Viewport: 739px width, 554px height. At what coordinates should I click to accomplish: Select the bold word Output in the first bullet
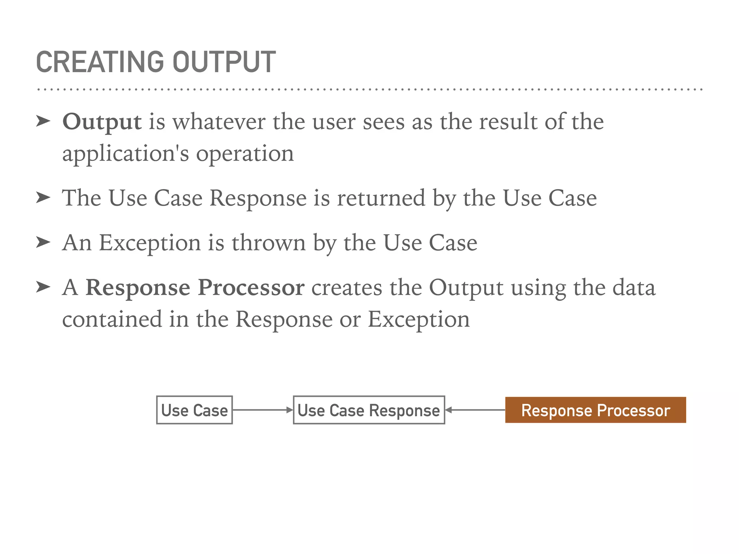tap(102, 122)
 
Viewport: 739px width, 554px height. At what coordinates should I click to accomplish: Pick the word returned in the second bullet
tap(381, 198)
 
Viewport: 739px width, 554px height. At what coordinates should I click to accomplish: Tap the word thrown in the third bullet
tap(268, 243)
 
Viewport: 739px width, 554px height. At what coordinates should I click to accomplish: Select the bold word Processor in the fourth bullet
tap(251, 287)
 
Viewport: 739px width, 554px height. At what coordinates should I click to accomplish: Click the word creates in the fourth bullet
tap(346, 287)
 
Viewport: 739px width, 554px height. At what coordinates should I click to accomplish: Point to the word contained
tap(112, 319)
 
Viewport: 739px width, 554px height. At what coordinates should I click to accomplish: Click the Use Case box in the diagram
tap(194, 410)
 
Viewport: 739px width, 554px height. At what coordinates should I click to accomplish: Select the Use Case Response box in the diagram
tap(369, 410)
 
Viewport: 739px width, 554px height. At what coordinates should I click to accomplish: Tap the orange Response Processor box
tap(595, 410)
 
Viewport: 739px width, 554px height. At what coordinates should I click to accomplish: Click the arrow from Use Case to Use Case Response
tap(263, 410)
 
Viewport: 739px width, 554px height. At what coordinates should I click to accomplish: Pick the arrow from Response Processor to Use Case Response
tap(475, 410)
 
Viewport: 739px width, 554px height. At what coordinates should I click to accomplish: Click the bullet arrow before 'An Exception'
tap(43, 242)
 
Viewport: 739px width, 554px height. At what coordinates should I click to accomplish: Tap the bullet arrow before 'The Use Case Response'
tap(43, 198)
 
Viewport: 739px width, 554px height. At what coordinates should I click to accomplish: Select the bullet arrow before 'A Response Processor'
tap(43, 287)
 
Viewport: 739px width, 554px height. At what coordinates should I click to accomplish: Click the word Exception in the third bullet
tap(150, 243)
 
